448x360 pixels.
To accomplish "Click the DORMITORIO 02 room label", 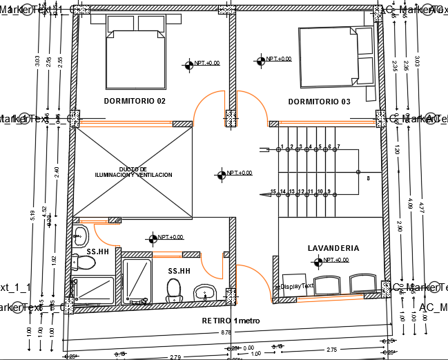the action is (135, 101).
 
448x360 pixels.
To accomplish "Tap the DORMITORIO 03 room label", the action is (319, 102).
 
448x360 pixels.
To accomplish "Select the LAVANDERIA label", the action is (333, 247).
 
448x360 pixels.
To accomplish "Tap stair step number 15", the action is (273, 191).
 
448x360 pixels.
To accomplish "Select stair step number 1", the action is (282, 146).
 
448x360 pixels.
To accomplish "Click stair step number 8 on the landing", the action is (369, 178).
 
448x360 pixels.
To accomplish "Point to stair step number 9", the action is (329, 191).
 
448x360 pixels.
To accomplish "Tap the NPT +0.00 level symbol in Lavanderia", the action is (318, 261).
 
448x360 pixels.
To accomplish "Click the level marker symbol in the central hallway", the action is (221, 174).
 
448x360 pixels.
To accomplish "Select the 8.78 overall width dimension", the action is (226, 333).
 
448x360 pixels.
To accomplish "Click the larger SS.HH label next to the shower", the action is (179, 271).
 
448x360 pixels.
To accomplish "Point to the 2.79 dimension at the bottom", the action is (175, 357).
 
